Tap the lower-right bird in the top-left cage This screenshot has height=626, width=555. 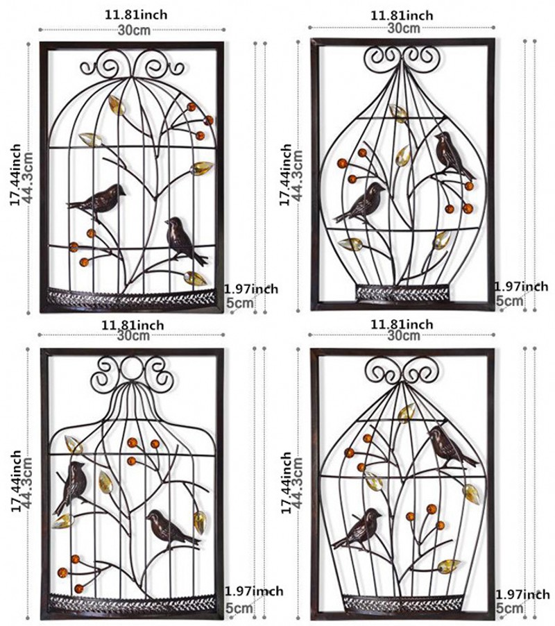point(185,241)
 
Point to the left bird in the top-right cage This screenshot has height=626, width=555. point(361,203)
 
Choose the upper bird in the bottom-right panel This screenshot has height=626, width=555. point(451,446)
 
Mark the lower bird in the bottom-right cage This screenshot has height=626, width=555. point(358,527)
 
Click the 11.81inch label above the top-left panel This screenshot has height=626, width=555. point(136,15)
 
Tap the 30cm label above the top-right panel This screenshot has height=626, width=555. point(404,28)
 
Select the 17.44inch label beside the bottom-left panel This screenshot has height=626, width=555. point(16,482)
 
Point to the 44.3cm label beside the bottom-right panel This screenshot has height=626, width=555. point(297,483)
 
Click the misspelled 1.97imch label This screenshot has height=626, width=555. point(254,591)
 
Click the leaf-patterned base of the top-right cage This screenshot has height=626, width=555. point(403,294)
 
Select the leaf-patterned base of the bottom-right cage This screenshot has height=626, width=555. point(402,602)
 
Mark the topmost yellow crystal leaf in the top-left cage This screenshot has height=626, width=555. point(117,105)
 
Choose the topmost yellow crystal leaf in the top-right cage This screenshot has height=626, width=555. point(399,113)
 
